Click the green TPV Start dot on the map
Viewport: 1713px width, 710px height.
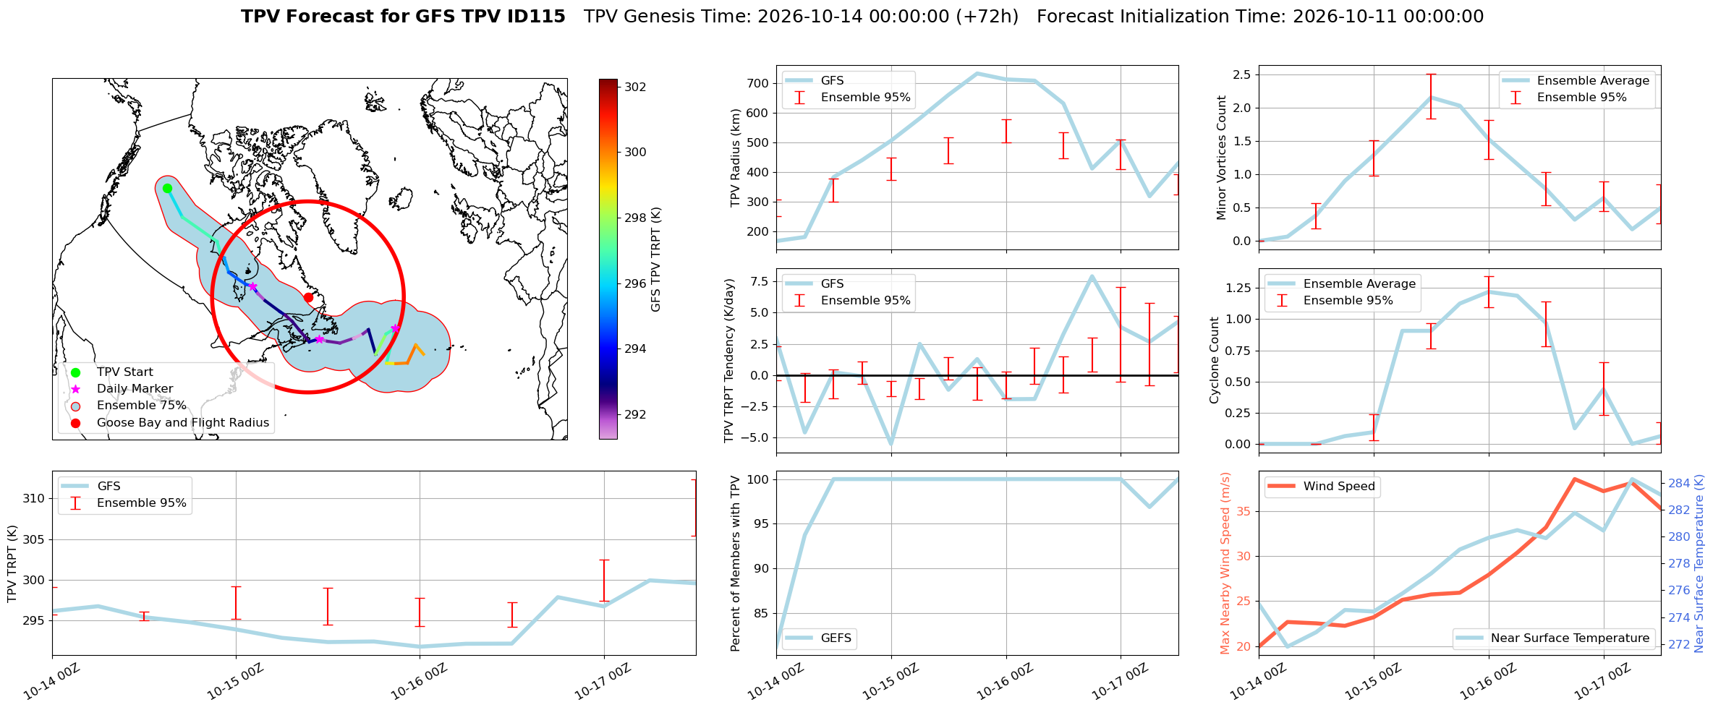pos(167,189)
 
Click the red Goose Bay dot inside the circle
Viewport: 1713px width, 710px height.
pos(308,297)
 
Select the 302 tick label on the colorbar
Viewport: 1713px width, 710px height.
pos(635,87)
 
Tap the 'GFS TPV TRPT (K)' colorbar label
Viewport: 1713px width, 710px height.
pos(656,260)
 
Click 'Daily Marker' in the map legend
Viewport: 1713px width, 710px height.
pos(135,389)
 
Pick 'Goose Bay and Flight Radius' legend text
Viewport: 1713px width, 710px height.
pos(183,422)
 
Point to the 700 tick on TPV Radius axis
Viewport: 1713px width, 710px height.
pos(757,83)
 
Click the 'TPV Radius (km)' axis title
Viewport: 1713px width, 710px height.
pos(736,158)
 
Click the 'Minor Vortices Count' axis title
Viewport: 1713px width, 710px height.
pos(1222,158)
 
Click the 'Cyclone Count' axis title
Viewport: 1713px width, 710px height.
pos(1215,360)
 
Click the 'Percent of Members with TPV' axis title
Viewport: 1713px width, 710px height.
pos(736,563)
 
